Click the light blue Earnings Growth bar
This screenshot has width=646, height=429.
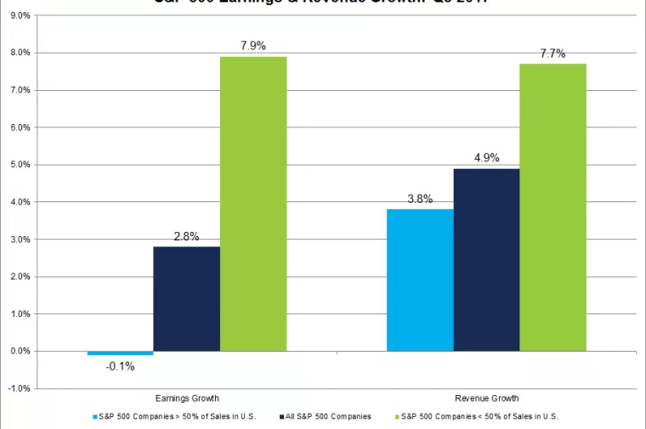(x=120, y=353)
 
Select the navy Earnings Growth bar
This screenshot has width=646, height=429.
(x=186, y=298)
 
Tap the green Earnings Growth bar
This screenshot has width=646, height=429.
(x=253, y=204)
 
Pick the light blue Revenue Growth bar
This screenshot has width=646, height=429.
(x=420, y=279)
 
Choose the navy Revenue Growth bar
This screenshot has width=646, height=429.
(x=486, y=259)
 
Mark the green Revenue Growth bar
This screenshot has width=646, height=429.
(x=552, y=207)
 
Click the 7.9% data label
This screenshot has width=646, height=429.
(x=253, y=45)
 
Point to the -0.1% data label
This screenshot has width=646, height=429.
(x=120, y=366)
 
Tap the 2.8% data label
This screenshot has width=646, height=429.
(x=186, y=236)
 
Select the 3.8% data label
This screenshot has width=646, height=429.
(x=420, y=199)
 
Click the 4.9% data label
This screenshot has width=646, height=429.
(x=486, y=157)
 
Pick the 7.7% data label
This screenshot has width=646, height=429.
(x=552, y=53)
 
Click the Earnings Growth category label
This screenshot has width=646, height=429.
(x=186, y=398)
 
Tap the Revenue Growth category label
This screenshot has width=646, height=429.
(x=486, y=398)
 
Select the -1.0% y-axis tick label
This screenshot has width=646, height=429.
(x=18, y=388)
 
